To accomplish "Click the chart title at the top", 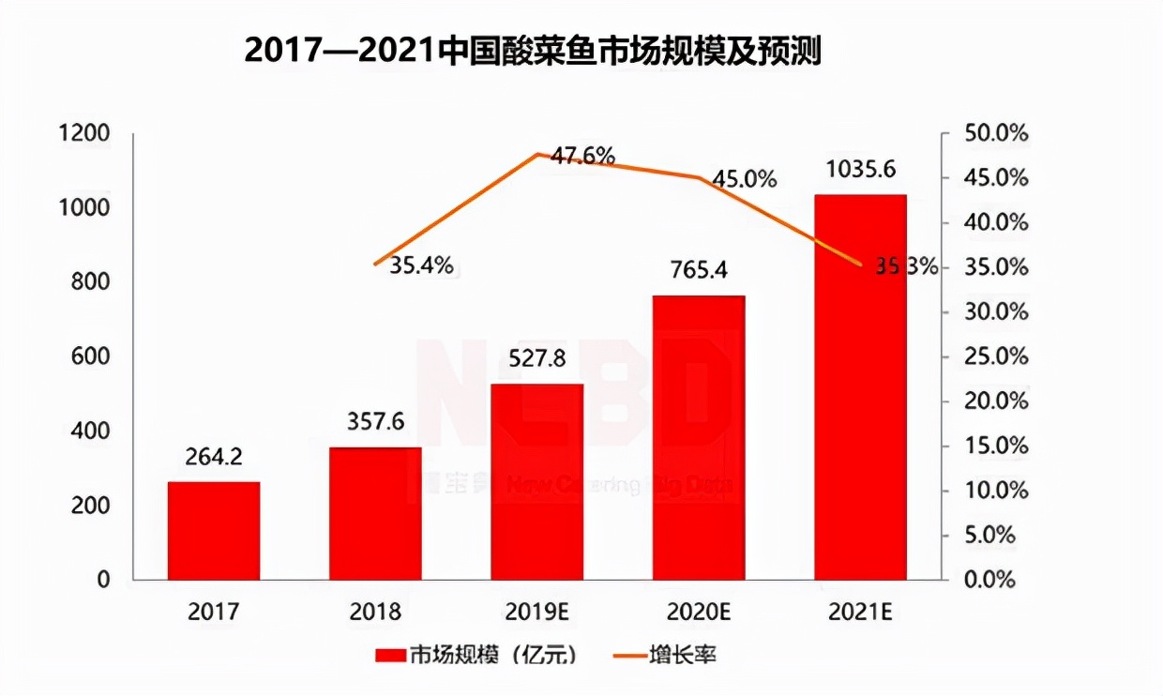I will tap(533, 51).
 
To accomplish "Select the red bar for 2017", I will tap(214, 530).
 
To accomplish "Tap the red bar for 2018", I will tap(375, 513).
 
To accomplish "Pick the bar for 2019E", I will tap(536, 481).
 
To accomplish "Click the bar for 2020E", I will tap(699, 437).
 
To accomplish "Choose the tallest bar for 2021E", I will tap(860, 386).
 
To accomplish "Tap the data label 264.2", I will tap(214, 457).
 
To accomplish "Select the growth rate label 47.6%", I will tap(582, 156).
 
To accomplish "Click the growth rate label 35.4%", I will tap(421, 265).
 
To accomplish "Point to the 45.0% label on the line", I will tap(744, 178).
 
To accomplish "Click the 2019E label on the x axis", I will tap(536, 613).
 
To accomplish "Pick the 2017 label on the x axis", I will tap(214, 613).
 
